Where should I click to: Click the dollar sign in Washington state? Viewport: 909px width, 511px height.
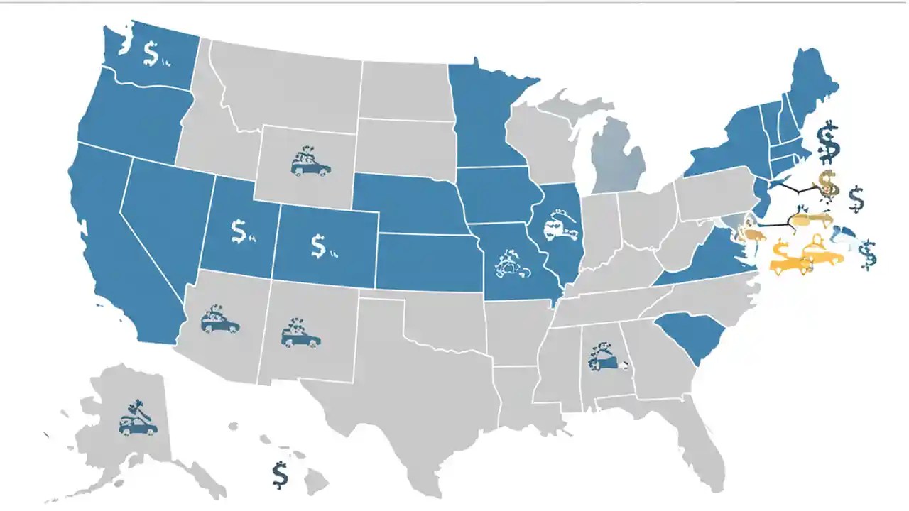151,53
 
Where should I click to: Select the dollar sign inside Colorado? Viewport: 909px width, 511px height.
319,245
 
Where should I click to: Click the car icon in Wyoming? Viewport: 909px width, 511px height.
310,163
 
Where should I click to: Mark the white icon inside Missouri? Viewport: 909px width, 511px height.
510,264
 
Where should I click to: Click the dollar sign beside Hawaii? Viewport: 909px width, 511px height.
280,474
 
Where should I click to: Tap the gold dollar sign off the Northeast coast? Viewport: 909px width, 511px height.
827,184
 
